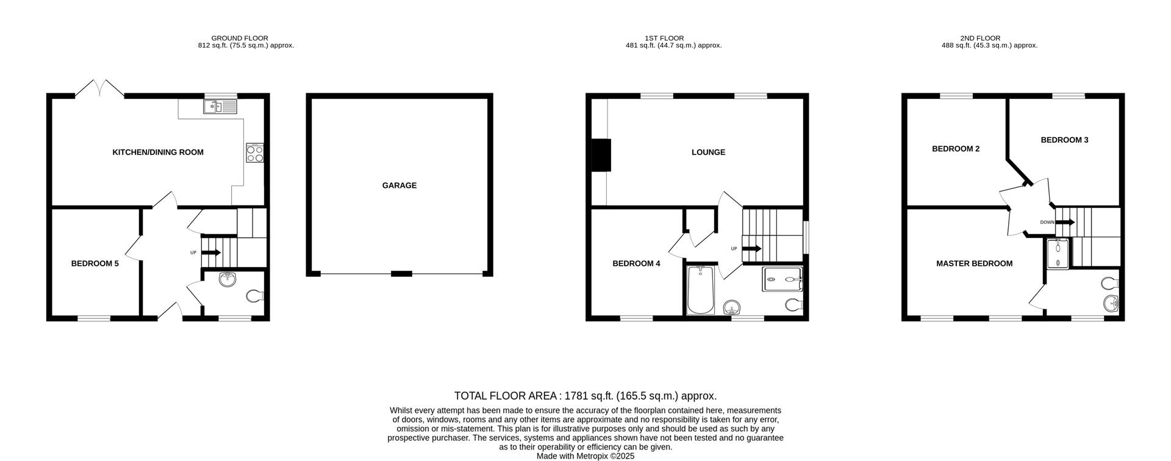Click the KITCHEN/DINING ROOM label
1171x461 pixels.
pos(158,152)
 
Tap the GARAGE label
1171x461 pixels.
pos(399,185)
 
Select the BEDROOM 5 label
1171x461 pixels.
pos(95,264)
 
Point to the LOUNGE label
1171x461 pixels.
pos(708,152)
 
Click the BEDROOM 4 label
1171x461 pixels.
pos(636,264)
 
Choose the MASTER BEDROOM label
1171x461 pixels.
pos(974,264)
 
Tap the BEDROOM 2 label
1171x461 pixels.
pos(956,149)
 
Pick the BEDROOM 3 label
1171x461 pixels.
pos(1064,140)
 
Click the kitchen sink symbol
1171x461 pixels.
pos(220,108)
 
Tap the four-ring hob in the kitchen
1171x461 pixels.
pos(255,152)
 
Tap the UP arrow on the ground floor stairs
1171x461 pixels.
pos(212,252)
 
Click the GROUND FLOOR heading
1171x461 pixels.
pos(240,38)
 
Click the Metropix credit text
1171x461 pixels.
pos(585,456)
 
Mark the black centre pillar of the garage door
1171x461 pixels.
pos(401,274)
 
